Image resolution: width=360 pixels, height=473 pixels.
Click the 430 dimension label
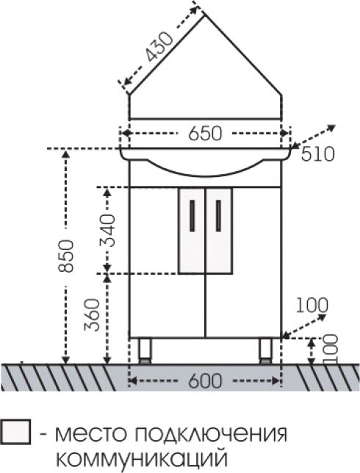159,46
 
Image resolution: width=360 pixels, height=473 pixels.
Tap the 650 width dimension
205,134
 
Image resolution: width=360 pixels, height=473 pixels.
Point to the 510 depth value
318,154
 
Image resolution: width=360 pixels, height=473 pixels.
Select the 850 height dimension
66,256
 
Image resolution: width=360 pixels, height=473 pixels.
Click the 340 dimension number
108,231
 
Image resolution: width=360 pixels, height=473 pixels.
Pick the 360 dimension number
92,315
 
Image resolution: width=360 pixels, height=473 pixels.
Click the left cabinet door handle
192,215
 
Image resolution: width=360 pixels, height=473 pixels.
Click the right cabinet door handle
218,215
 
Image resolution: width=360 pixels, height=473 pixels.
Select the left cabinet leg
145,351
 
